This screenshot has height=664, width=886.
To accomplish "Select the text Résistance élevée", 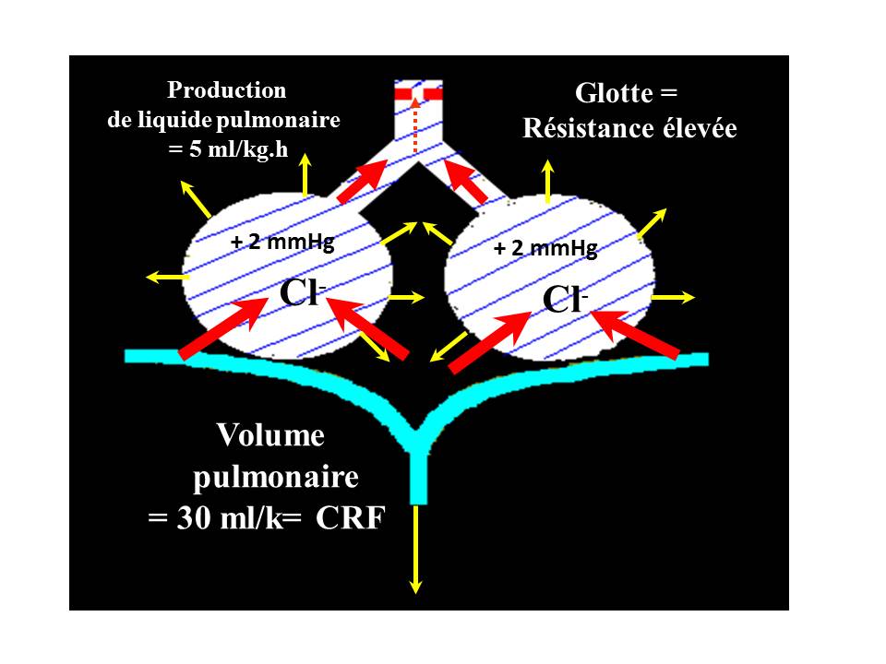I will (x=629, y=128).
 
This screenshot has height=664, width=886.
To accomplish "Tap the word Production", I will (x=226, y=90).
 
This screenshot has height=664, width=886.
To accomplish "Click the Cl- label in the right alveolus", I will (x=563, y=299).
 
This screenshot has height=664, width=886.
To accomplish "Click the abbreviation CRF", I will (x=350, y=519).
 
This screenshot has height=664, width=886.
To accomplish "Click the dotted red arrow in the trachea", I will (x=414, y=125).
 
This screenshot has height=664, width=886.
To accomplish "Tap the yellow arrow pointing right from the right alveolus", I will (x=676, y=297).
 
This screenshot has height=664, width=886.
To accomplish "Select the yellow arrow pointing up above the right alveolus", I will (x=548, y=182).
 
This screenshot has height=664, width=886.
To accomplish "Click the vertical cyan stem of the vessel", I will (x=418, y=470).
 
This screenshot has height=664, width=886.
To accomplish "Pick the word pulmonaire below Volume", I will (x=275, y=478).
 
